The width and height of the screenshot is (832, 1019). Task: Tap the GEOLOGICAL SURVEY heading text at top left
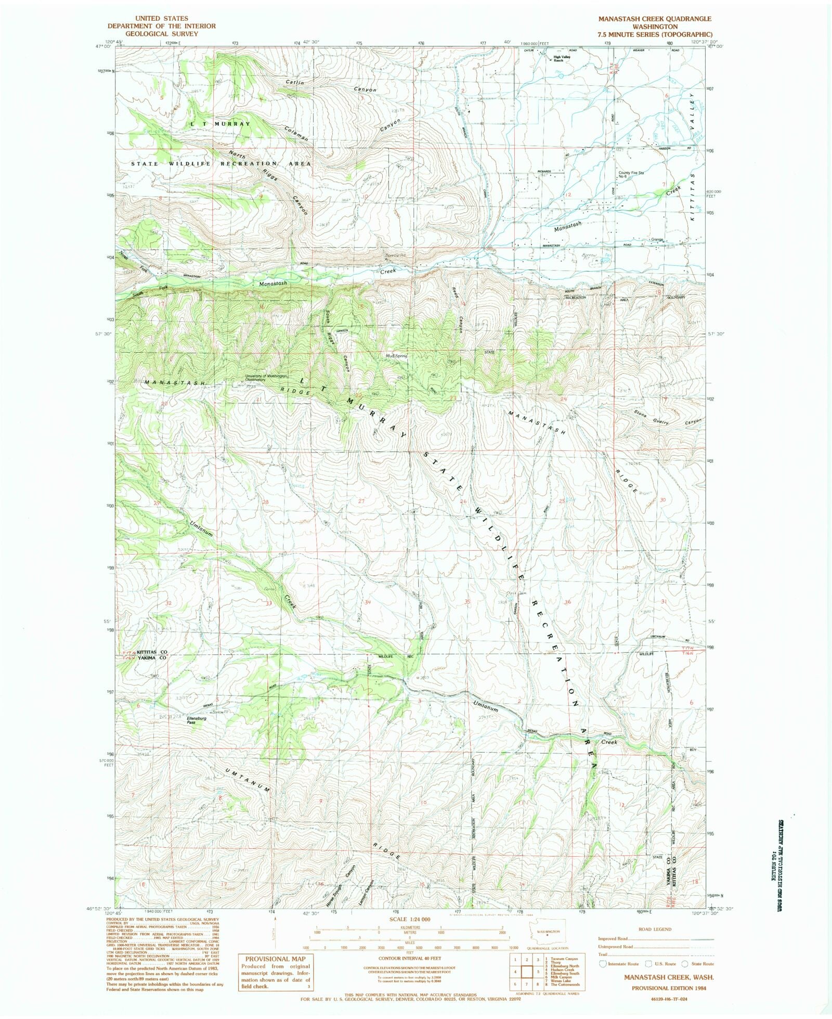click(161, 33)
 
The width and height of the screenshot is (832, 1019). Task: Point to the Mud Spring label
click(396, 356)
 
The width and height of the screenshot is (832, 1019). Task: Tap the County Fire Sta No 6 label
click(631, 174)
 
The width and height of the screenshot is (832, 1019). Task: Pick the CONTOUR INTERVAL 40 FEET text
click(410, 958)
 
